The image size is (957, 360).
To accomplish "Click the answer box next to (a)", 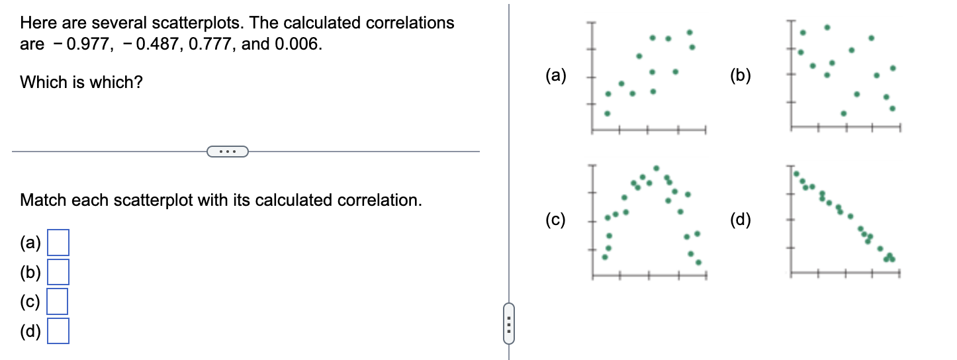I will [x=58, y=243].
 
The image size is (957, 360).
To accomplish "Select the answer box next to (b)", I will [x=58, y=272].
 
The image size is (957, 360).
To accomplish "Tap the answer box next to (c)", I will [x=58, y=301].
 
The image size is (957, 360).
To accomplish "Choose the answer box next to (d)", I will [x=58, y=331].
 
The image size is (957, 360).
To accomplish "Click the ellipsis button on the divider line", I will [x=228, y=152].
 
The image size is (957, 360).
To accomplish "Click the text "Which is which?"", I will [x=81, y=83].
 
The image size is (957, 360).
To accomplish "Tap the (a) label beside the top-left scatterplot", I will [x=557, y=75].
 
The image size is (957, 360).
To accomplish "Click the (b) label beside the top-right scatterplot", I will [x=741, y=75].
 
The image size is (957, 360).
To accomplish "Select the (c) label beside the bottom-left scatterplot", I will [x=557, y=220].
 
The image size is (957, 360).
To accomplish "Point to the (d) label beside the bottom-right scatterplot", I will [x=741, y=220].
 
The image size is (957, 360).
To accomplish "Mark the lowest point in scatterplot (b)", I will [x=843, y=113].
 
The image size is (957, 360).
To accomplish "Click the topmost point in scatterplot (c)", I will [x=656, y=167].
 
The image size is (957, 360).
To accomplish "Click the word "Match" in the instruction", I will [x=42, y=200].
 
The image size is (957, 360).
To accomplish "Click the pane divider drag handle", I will [x=509, y=324].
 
